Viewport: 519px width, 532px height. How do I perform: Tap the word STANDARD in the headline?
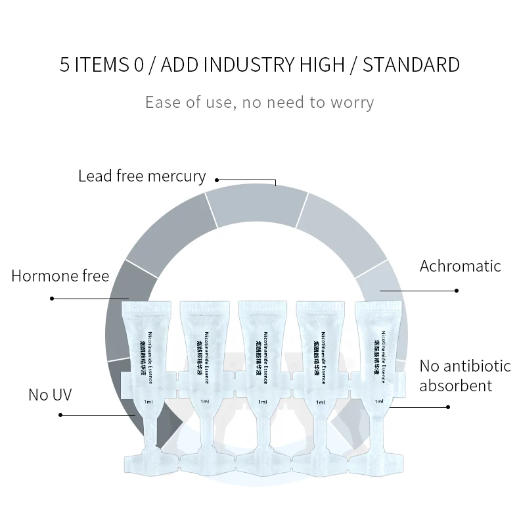[x=411, y=65]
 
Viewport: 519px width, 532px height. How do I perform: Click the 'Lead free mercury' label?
[x=142, y=176]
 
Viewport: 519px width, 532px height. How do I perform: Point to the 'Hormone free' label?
[x=60, y=275]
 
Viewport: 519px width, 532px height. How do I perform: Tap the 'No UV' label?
[x=50, y=395]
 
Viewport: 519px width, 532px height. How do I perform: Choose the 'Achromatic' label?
[x=460, y=266]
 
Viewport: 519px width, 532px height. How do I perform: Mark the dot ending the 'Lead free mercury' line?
[x=217, y=180]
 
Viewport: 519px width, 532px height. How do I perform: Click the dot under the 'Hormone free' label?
[x=53, y=299]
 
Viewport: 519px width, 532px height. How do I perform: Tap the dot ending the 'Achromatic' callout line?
[x=457, y=290]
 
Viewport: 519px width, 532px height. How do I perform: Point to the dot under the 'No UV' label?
[x=60, y=415]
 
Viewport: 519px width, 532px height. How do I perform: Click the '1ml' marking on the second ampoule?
[x=204, y=401]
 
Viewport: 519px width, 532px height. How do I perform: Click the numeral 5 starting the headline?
[x=64, y=65]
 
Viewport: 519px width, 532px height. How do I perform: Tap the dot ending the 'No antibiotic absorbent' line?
[x=448, y=407]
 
